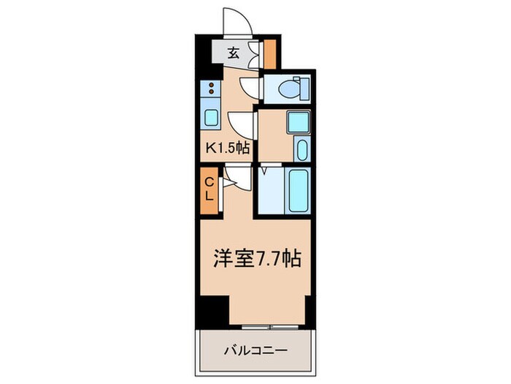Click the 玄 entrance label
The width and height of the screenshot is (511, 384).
(233, 53)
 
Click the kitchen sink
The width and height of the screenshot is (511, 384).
(211, 117)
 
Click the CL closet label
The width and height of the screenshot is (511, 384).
(209, 189)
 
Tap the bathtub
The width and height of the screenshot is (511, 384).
(299, 189)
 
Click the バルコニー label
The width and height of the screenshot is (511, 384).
(255, 350)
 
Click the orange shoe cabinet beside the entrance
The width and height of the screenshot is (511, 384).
(269, 53)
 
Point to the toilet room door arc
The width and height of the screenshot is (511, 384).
(252, 89)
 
